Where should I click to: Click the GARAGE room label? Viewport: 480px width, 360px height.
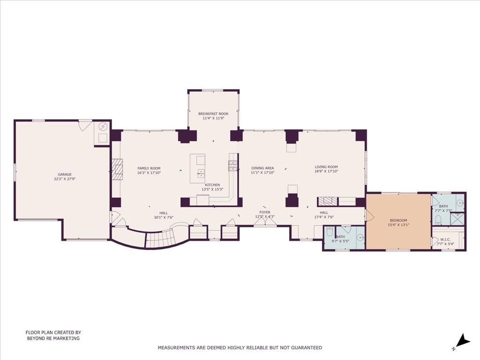pos(65,174)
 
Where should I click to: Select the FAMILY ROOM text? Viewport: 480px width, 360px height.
pos(149,168)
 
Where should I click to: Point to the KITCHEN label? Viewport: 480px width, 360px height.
pos(212,185)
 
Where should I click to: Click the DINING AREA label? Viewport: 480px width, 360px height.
pos(262,168)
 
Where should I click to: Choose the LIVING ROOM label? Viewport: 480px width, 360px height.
pos(326,167)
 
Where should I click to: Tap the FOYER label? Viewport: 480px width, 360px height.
pos(265,212)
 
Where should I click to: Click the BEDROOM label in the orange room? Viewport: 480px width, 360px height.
pos(398,220)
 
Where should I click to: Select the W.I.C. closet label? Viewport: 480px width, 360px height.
pos(445,239)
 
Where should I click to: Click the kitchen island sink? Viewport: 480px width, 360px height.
pos(201,173)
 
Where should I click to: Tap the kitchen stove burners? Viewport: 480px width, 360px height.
pos(232,164)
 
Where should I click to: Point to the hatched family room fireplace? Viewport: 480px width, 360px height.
pos(117,168)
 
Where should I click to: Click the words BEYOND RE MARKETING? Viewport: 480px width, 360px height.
pos(52,338)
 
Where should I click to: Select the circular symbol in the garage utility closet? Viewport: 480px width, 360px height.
pos(103,127)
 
